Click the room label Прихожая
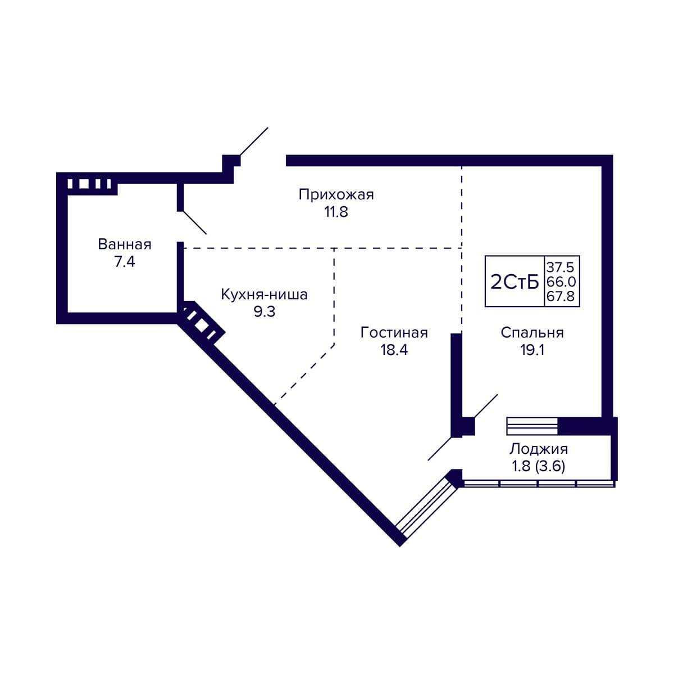336,195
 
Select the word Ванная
125,244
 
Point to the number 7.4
125,262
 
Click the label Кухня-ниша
264,294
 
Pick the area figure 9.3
265,311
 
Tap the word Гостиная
394,333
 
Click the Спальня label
532,333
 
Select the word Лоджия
539,449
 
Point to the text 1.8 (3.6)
539,466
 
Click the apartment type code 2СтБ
514,283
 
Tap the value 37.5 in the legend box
561,267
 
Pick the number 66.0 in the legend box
561,282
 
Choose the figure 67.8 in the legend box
561,296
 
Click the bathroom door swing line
194,222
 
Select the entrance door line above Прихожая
254,142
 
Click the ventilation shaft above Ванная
89,184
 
